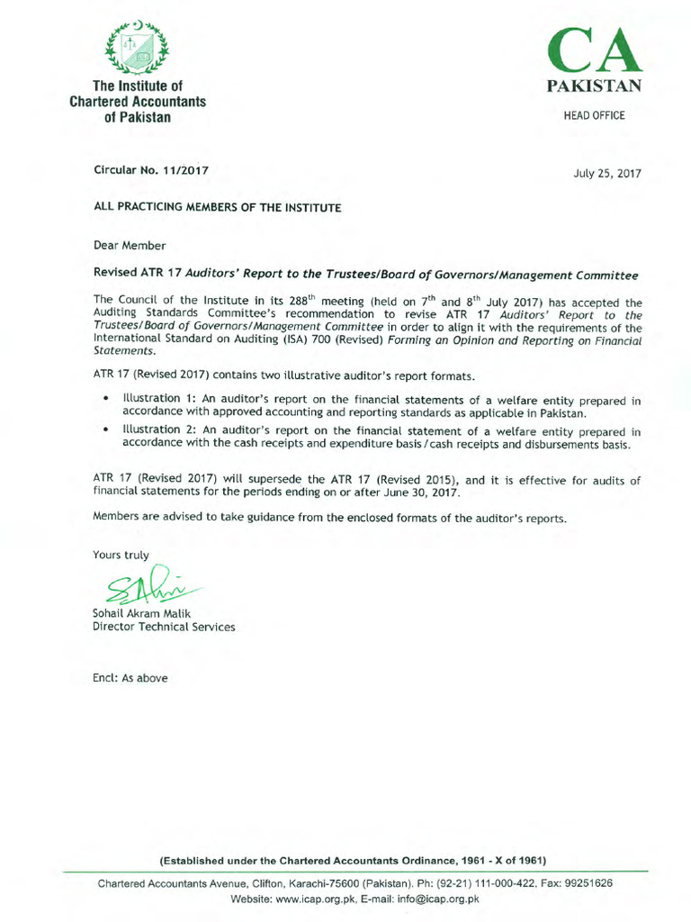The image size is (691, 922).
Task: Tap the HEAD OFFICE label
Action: point(594,116)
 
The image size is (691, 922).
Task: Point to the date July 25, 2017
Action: point(607,173)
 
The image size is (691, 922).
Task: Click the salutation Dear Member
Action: point(130,245)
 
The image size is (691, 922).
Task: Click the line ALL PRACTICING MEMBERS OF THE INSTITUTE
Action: point(218,207)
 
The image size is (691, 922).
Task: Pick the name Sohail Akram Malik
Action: point(143,613)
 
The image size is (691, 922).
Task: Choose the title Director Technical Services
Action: point(165,627)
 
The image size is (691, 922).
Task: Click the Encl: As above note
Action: point(130,678)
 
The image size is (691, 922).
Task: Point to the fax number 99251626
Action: point(588,883)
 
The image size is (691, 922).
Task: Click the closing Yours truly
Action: point(121,555)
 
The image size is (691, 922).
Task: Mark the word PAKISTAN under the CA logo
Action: point(594,87)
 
